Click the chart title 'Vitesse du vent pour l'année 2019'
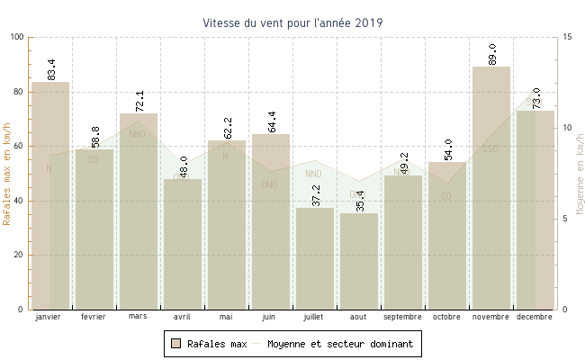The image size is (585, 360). tap(292, 22)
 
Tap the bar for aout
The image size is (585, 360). tap(358, 261)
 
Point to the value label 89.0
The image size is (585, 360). tap(491, 54)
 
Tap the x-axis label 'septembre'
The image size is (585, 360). tap(402, 317)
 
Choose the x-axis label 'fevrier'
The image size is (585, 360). tap(94, 317)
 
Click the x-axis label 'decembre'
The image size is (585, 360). tap(535, 317)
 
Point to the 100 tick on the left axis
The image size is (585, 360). tap(18, 37)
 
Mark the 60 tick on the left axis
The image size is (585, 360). tap(21, 146)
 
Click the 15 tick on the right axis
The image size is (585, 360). tap(566, 37)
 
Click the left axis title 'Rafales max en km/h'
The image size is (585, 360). tap(8, 173)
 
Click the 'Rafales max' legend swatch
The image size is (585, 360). tap(176, 344)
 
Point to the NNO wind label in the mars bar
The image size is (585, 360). tap(137, 135)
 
